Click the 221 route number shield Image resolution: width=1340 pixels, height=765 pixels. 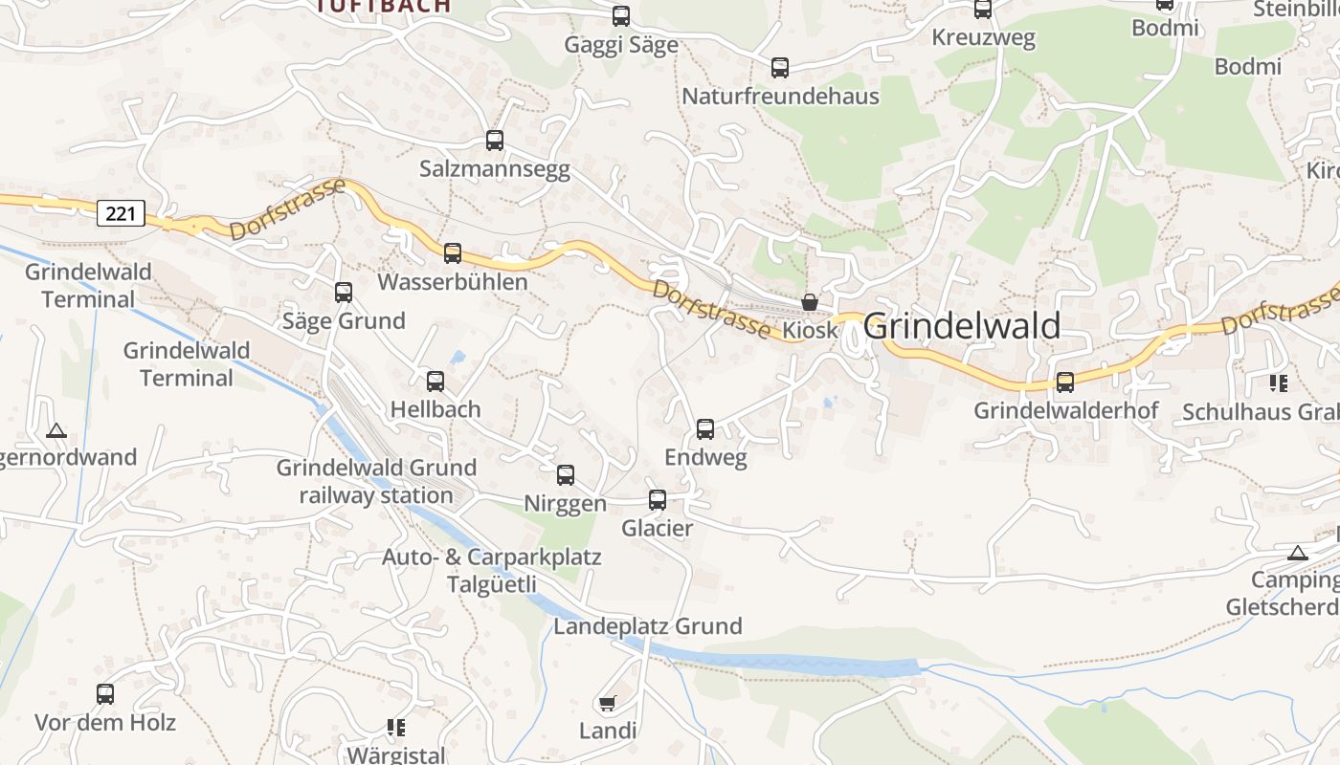point(121,213)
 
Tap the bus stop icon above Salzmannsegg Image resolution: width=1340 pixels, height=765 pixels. point(495,141)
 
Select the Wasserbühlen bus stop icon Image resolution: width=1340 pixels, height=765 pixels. point(453,253)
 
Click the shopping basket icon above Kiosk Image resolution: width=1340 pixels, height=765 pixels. point(810,302)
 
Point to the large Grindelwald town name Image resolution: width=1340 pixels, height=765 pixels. point(962,326)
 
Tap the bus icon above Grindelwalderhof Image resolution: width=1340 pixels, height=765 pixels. point(1065,382)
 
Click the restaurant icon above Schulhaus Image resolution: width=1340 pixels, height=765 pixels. point(1278,383)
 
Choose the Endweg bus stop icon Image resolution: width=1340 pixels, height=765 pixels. point(705,429)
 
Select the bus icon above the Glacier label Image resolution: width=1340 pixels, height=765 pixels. point(658,500)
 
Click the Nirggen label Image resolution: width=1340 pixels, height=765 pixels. point(565,504)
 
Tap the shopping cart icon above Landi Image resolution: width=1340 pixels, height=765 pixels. point(607,704)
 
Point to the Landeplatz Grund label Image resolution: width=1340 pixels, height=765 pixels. point(648,626)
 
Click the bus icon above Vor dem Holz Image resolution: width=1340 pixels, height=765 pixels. point(105,694)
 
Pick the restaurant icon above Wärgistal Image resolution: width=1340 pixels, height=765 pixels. point(396,728)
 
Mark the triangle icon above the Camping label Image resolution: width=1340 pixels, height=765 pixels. point(1297,553)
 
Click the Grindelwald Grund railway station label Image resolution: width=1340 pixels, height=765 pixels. point(376,481)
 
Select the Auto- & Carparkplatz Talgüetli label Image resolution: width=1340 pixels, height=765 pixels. point(491,571)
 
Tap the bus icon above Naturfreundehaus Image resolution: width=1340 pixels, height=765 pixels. point(780,68)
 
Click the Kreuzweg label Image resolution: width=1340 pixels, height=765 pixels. point(984,39)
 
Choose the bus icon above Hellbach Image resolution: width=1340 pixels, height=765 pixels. point(435,382)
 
